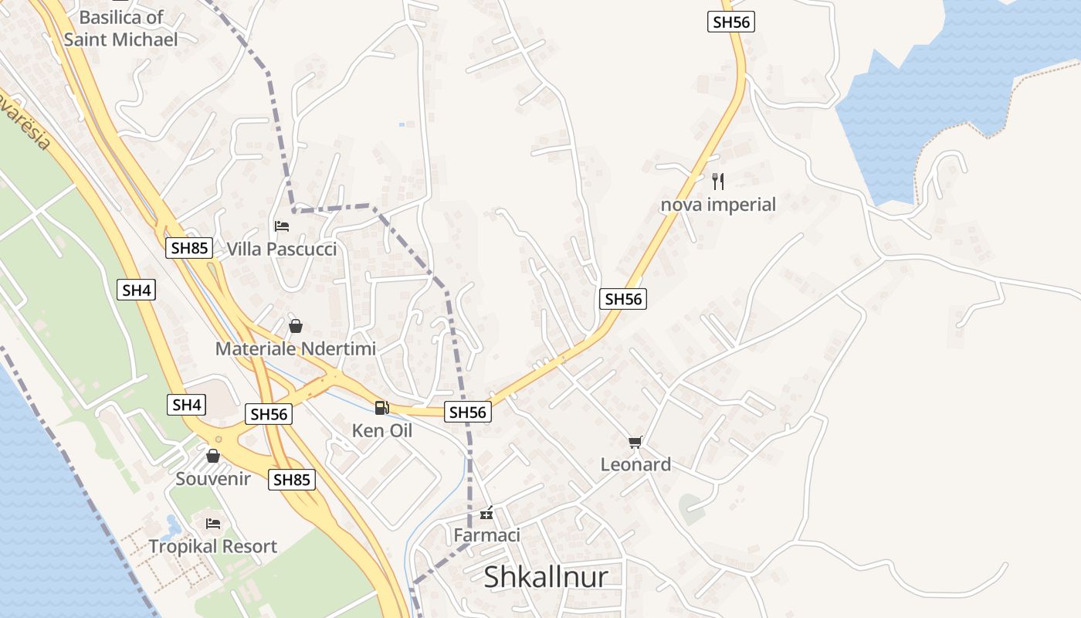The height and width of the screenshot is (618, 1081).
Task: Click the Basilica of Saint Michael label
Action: click(121, 28)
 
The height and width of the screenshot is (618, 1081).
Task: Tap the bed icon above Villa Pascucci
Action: click(282, 226)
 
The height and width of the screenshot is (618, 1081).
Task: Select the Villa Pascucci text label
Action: click(282, 249)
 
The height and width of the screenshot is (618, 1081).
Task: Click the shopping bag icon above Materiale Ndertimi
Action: click(295, 326)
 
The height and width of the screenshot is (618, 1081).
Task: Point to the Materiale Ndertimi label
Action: click(295, 348)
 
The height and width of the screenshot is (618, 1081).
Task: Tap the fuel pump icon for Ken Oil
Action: click(381, 408)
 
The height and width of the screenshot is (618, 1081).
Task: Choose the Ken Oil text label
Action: click(381, 430)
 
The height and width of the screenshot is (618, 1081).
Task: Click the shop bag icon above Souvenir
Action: click(213, 456)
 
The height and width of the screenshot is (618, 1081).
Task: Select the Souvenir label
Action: click(213, 478)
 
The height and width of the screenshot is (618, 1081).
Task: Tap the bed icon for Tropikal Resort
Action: click(213, 524)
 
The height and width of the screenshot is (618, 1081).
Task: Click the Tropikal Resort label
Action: click(213, 546)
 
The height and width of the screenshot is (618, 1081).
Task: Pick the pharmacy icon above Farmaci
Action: click(486, 512)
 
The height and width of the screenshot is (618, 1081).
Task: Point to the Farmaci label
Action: click(486, 535)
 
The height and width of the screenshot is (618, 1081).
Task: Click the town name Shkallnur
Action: click(546, 577)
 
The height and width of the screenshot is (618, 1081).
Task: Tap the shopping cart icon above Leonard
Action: click(635, 442)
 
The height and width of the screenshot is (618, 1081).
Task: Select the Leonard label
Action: click(635, 464)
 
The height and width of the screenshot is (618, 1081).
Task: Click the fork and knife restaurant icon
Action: click(718, 182)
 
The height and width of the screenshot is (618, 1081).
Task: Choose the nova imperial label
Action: click(718, 205)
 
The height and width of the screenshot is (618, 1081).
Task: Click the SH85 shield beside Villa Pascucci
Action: click(190, 248)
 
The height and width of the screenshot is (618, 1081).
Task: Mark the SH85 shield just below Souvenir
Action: click(292, 480)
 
